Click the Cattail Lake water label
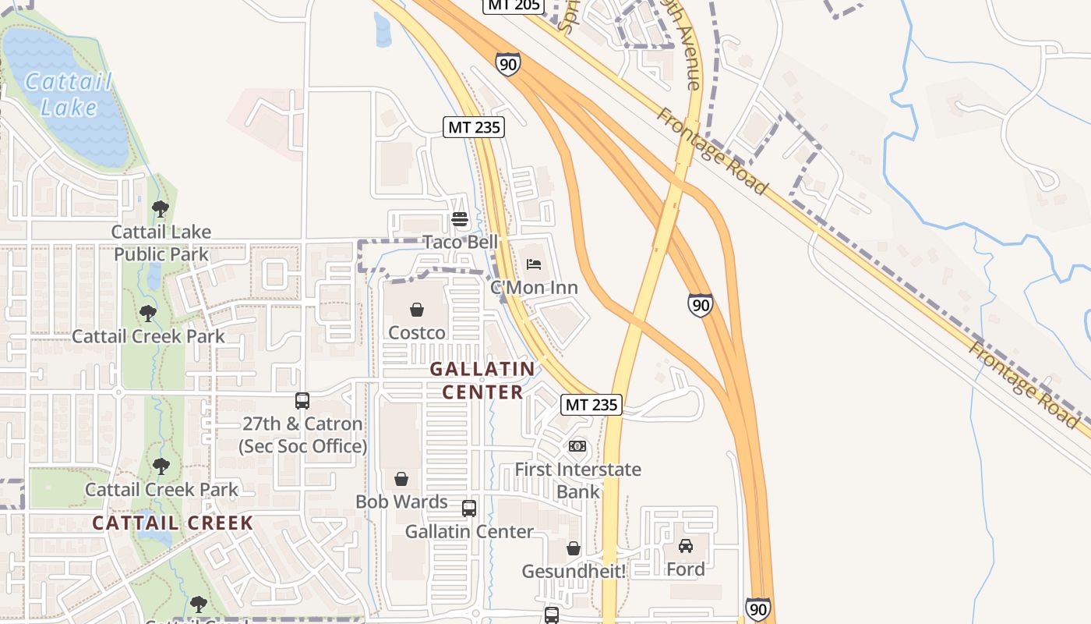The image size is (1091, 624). [x=69, y=94]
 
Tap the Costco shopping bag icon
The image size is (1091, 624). [x=417, y=310]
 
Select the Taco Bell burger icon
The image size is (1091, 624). [x=459, y=219]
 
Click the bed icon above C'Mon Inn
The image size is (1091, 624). [x=534, y=264]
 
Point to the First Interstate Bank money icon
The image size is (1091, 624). [x=577, y=446]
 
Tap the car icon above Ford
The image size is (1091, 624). [x=686, y=546]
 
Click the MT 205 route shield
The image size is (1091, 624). [x=512, y=5]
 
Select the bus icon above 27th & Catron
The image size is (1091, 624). [x=302, y=401]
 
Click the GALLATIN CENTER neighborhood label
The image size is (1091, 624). [x=482, y=380]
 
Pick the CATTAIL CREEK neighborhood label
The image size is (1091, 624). [x=173, y=523]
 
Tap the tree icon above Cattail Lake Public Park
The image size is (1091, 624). [x=161, y=208]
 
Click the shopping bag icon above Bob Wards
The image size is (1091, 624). [x=401, y=478]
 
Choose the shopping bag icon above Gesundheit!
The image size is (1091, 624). [x=574, y=548]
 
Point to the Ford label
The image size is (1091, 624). [x=686, y=569]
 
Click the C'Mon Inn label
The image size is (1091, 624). [x=534, y=288]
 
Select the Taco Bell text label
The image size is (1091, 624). [x=460, y=242]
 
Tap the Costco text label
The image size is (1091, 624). [x=417, y=333]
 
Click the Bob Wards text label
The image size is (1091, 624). [x=401, y=502]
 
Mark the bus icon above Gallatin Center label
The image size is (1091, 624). [x=469, y=509]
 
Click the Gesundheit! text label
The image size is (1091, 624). [x=574, y=572]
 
